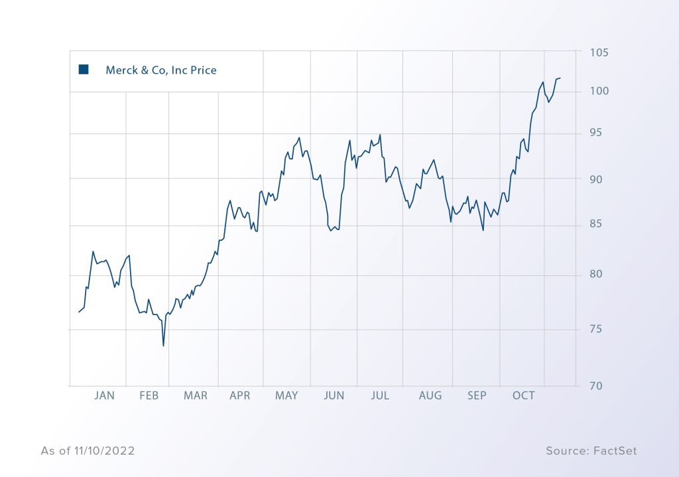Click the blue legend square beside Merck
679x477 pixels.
pyautogui.click(x=84, y=70)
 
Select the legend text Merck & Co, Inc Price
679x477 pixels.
pyautogui.click(x=161, y=70)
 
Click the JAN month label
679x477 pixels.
pyautogui.click(x=104, y=395)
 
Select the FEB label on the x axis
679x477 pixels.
pyautogui.click(x=149, y=395)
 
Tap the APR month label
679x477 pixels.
pyautogui.click(x=240, y=395)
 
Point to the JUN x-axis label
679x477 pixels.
pyautogui.click(x=334, y=395)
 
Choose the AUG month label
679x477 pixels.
pyautogui.click(x=430, y=395)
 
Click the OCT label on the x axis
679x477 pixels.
pyautogui.click(x=524, y=395)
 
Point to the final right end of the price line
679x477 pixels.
pyautogui.click(x=561, y=78)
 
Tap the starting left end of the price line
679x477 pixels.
pyautogui.click(x=78, y=312)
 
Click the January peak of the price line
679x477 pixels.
pyautogui.click(x=93, y=251)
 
